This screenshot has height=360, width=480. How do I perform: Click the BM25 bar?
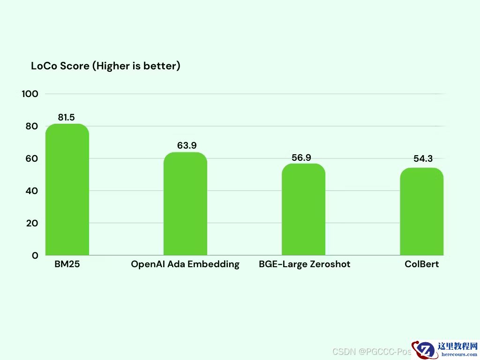[67, 190]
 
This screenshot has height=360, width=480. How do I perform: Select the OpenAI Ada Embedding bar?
[185, 204]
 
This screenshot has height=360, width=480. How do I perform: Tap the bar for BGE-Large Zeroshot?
[303, 210]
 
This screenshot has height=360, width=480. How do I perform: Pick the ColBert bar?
[421, 211]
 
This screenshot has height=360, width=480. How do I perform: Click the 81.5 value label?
[67, 117]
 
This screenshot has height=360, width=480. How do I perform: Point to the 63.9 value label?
[187, 145]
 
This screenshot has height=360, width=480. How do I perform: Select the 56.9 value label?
[301, 157]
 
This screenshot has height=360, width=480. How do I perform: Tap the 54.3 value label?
[423, 159]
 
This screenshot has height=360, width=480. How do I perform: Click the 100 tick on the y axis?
[30, 94]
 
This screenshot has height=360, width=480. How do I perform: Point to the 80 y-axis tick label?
[31, 126]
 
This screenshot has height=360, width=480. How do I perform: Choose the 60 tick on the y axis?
[31, 158]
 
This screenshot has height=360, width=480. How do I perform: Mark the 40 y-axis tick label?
[31, 191]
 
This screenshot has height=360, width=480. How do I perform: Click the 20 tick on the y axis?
[31, 223]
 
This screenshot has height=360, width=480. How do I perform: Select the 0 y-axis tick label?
[35, 255]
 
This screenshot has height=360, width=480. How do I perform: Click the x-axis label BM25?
[67, 264]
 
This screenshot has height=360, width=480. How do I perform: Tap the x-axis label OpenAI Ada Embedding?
[185, 264]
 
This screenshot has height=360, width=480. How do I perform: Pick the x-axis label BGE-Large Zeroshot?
[305, 264]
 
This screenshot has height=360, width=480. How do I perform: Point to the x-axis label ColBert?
[422, 264]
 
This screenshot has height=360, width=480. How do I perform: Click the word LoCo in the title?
[44, 66]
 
